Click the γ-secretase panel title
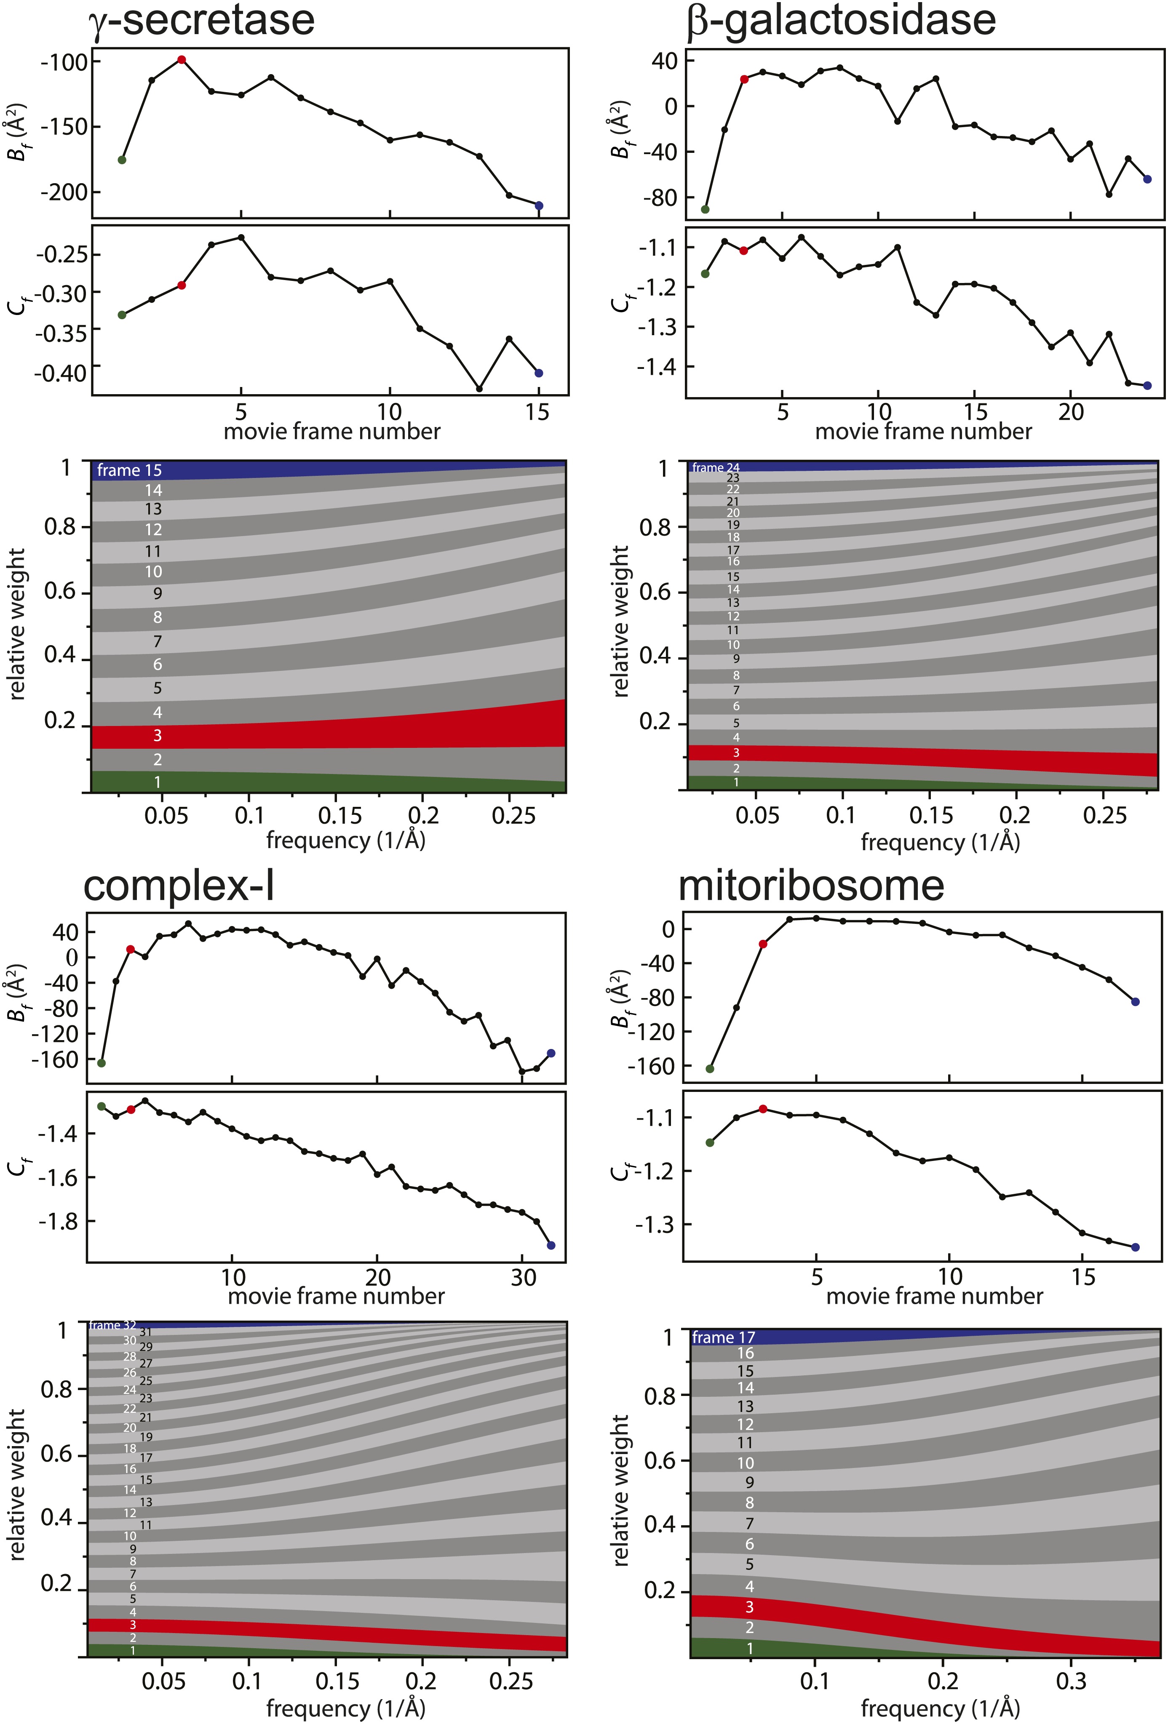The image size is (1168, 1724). pos(201,20)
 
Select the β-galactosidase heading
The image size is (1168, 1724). pos(841,20)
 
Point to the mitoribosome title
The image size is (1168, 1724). pos(811,886)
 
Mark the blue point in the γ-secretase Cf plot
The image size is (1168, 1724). pos(539,373)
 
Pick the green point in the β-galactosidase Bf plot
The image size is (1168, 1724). pos(705,209)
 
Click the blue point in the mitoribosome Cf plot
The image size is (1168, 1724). pos(1135,1247)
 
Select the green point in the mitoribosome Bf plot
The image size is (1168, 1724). pos(709,1069)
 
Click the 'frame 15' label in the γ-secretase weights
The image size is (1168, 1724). pos(129,470)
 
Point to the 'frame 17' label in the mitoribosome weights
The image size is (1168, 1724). pos(724,1337)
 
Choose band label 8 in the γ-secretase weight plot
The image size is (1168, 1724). pos(157,617)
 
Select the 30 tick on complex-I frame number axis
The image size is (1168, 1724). pos(523,1278)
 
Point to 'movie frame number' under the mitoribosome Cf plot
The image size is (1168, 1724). pos(934,1296)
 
